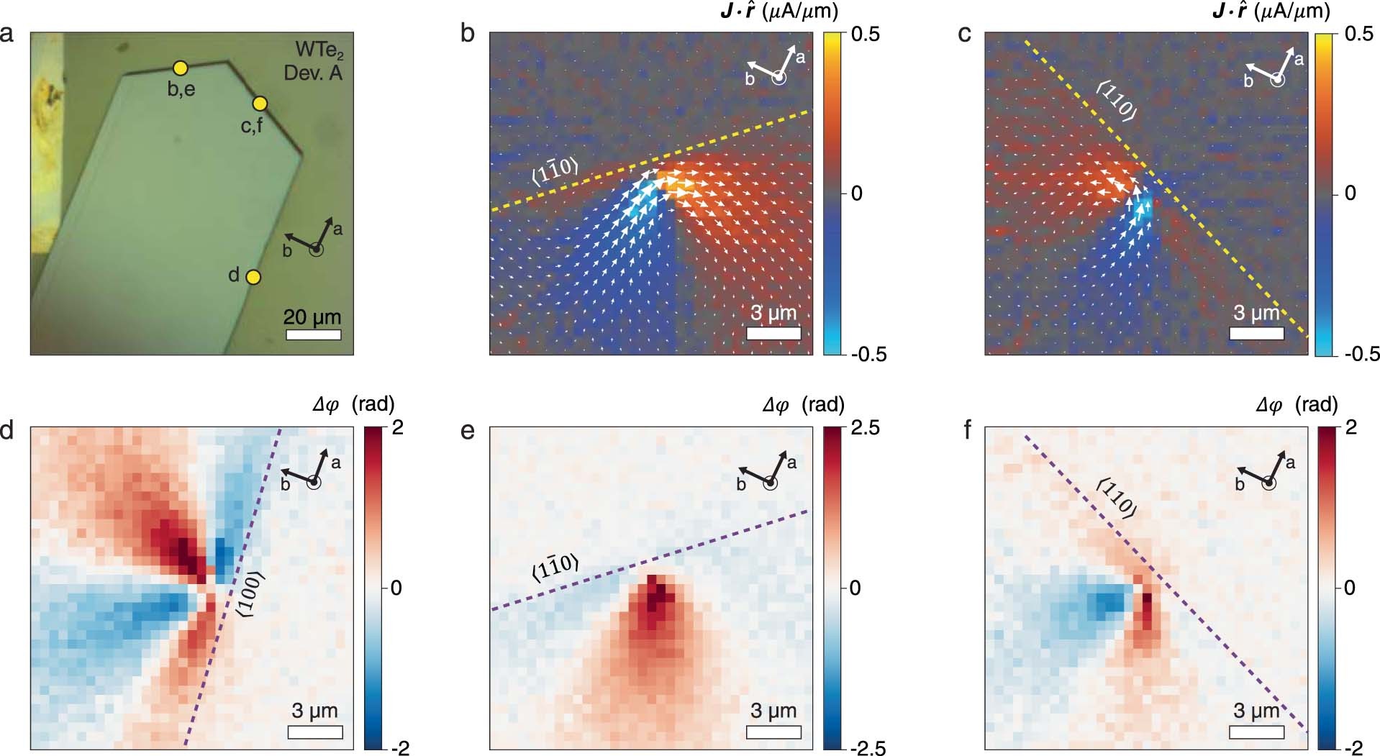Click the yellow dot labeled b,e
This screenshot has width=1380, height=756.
pos(181,68)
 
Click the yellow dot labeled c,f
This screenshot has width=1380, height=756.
pos(260,104)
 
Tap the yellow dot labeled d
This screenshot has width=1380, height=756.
pos(253,277)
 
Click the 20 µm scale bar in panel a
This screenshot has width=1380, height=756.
pos(313,334)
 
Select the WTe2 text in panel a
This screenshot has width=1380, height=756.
pos(319,50)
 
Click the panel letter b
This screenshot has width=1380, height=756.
pos(468,35)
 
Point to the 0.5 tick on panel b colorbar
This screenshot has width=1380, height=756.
pos(864,35)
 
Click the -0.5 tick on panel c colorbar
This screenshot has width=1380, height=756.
pos(1361,354)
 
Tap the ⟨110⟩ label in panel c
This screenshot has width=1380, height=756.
pos(1117,100)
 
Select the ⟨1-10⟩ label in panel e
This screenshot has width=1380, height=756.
pos(555,568)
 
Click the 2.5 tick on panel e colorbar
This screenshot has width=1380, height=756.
pos(864,429)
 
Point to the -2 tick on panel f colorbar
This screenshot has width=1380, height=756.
pos(1353,748)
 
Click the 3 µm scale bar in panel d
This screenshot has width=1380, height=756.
pos(315,732)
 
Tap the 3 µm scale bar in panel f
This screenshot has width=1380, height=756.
pos(1256,732)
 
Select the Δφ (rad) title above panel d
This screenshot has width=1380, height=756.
pos(354,405)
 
